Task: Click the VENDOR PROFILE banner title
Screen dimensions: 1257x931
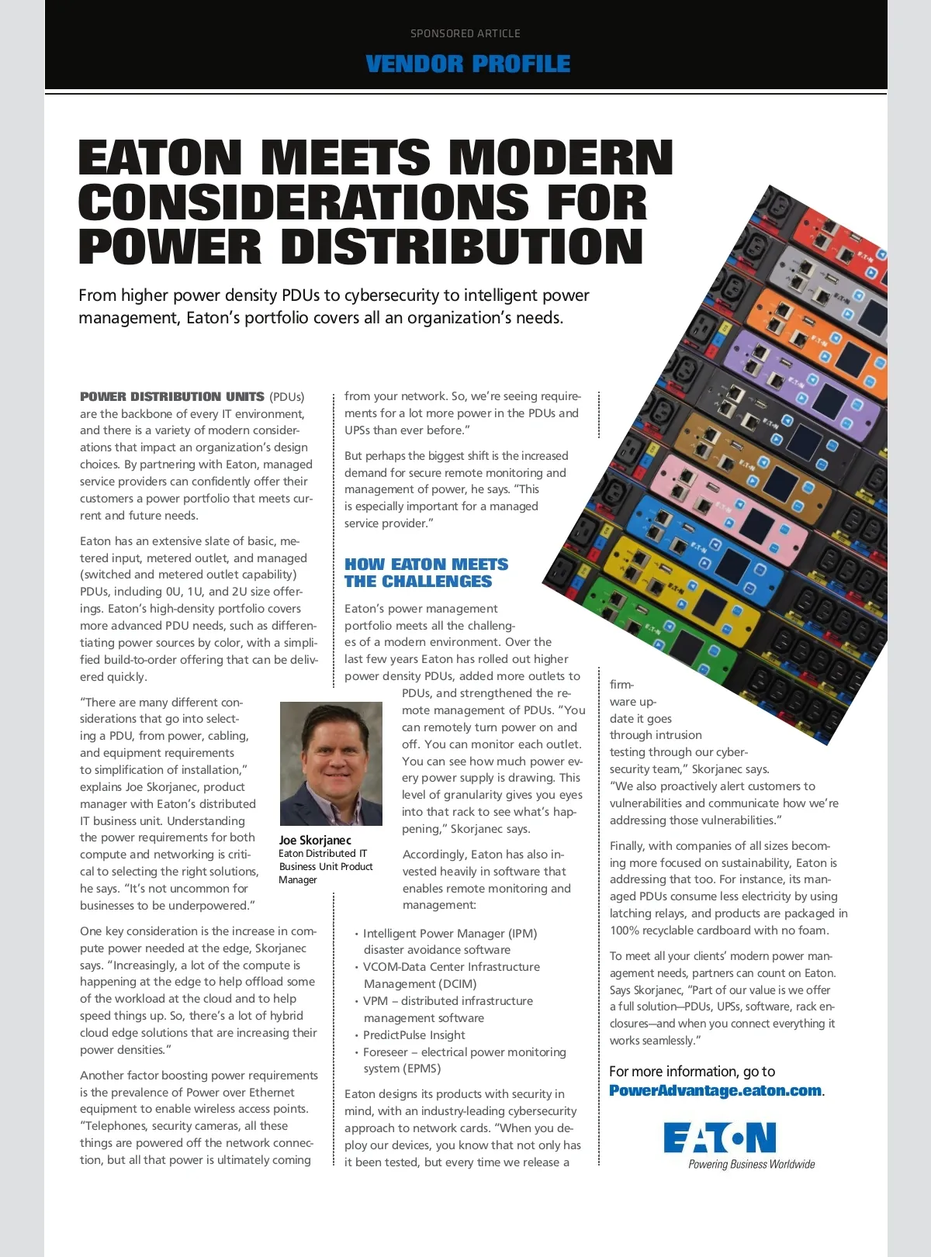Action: [x=468, y=64]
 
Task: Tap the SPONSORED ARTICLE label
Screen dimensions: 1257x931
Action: [x=465, y=33]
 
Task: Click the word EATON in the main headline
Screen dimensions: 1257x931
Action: [x=161, y=157]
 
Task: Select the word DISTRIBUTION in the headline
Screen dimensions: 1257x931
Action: [x=462, y=247]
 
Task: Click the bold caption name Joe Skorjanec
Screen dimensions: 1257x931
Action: [x=315, y=840]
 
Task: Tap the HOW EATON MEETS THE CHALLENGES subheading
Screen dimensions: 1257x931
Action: [x=426, y=572]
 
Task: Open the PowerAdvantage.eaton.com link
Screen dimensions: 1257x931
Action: [x=715, y=1090]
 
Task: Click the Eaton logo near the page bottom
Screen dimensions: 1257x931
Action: [x=720, y=1137]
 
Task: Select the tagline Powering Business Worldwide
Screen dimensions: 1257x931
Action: [x=751, y=1164]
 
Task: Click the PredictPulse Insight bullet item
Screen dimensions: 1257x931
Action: [x=414, y=1034]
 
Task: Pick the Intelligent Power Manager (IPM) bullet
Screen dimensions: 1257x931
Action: [x=450, y=933]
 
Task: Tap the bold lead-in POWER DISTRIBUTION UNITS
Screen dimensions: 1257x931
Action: [x=172, y=396]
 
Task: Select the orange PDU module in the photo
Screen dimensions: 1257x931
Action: [x=815, y=326]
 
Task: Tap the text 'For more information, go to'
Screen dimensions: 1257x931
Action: [x=692, y=1071]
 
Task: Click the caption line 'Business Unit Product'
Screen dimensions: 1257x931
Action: [x=326, y=866]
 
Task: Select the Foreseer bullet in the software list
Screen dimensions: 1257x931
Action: [x=464, y=1052]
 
